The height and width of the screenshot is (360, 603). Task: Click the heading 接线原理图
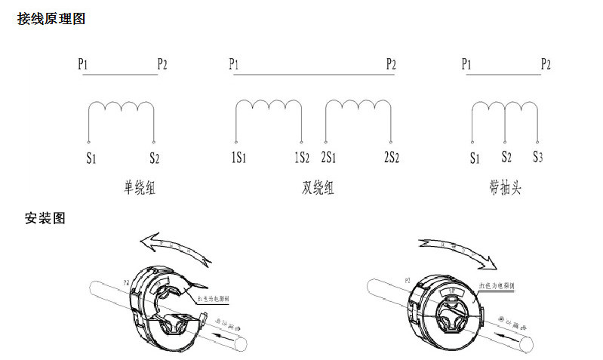(x=51, y=19)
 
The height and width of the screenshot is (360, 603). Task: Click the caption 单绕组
(x=140, y=187)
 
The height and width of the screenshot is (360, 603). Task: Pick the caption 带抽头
(x=505, y=187)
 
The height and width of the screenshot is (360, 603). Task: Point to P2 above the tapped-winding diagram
(x=546, y=64)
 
